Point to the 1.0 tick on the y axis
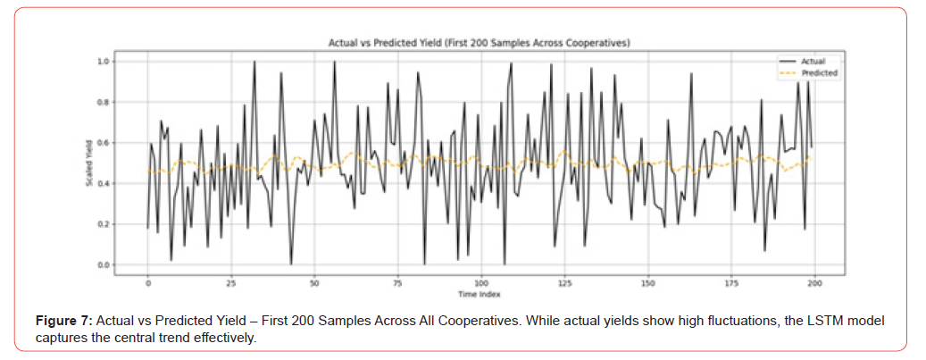click(103, 62)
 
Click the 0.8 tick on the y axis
click(103, 103)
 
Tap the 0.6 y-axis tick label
click(103, 143)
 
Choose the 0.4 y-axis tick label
click(103, 184)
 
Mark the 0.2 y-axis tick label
click(103, 224)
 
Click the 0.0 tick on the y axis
click(103, 265)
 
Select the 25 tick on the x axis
click(231, 283)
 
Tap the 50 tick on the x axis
click(314, 283)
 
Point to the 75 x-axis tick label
click(398, 283)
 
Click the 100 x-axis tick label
click(481, 283)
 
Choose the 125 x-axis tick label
click(565, 283)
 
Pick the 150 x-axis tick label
click(648, 283)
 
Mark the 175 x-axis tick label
click(731, 283)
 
